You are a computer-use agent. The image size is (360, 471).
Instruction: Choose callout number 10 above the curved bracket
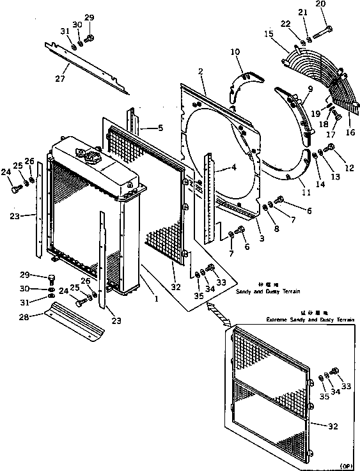(x=235, y=51)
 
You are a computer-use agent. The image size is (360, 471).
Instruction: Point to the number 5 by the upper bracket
(x=160, y=128)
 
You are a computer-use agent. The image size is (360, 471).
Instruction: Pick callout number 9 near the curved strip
(x=310, y=90)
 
